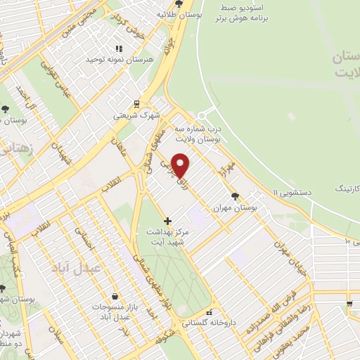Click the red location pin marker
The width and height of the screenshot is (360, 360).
coord(181,165)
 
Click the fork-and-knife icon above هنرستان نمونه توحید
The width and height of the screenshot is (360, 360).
coord(119,49)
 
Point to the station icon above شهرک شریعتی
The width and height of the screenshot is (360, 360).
coord(137,102)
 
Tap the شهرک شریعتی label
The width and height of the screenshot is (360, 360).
coord(137,114)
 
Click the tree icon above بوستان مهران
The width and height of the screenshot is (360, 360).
coord(234,196)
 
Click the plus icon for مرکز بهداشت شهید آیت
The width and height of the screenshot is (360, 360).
coord(167,221)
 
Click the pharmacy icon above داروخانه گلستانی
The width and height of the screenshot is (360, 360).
coord(208,313)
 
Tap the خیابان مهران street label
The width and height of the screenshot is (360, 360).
coord(294,257)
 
